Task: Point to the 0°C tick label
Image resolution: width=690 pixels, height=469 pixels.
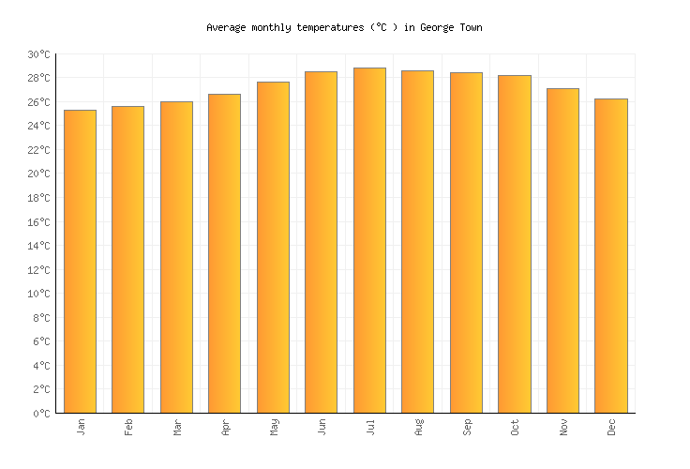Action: [x=43, y=414]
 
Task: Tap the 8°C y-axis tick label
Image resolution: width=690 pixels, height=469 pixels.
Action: [x=43, y=318]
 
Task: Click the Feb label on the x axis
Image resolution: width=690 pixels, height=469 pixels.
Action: [x=129, y=427]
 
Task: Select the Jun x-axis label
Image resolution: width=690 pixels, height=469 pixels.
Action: [x=322, y=427]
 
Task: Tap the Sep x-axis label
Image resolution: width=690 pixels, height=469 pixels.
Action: [x=467, y=427]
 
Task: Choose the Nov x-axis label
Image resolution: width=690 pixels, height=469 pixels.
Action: [x=563, y=427]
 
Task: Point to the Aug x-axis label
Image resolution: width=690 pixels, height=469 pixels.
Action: [x=419, y=427]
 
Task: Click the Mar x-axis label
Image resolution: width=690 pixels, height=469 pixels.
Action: [x=177, y=427]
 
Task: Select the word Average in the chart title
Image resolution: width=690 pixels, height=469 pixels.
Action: [x=226, y=28]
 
